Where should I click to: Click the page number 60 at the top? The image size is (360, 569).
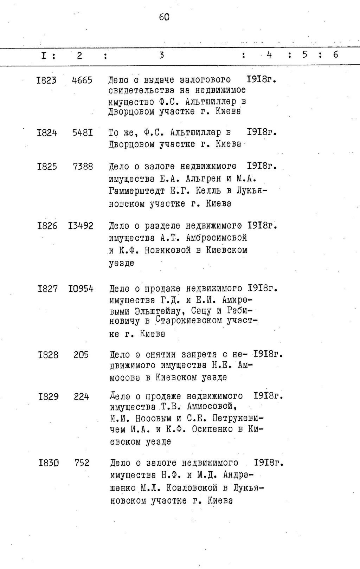point(164,17)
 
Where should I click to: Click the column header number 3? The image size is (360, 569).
point(161,55)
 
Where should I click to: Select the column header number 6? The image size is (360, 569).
point(335,54)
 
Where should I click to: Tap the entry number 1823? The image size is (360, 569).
point(46,80)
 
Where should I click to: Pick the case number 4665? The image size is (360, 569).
point(82,80)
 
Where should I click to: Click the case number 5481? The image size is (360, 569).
point(83,133)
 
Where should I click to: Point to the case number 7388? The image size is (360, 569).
point(83,167)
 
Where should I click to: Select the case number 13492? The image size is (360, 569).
point(81,226)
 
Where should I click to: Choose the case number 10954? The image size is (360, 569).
point(81,289)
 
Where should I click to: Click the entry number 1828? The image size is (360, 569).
point(48,355)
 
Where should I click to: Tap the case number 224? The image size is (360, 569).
point(81,397)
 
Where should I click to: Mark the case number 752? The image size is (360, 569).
point(82,463)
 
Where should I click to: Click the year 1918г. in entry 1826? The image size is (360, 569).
point(262,225)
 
